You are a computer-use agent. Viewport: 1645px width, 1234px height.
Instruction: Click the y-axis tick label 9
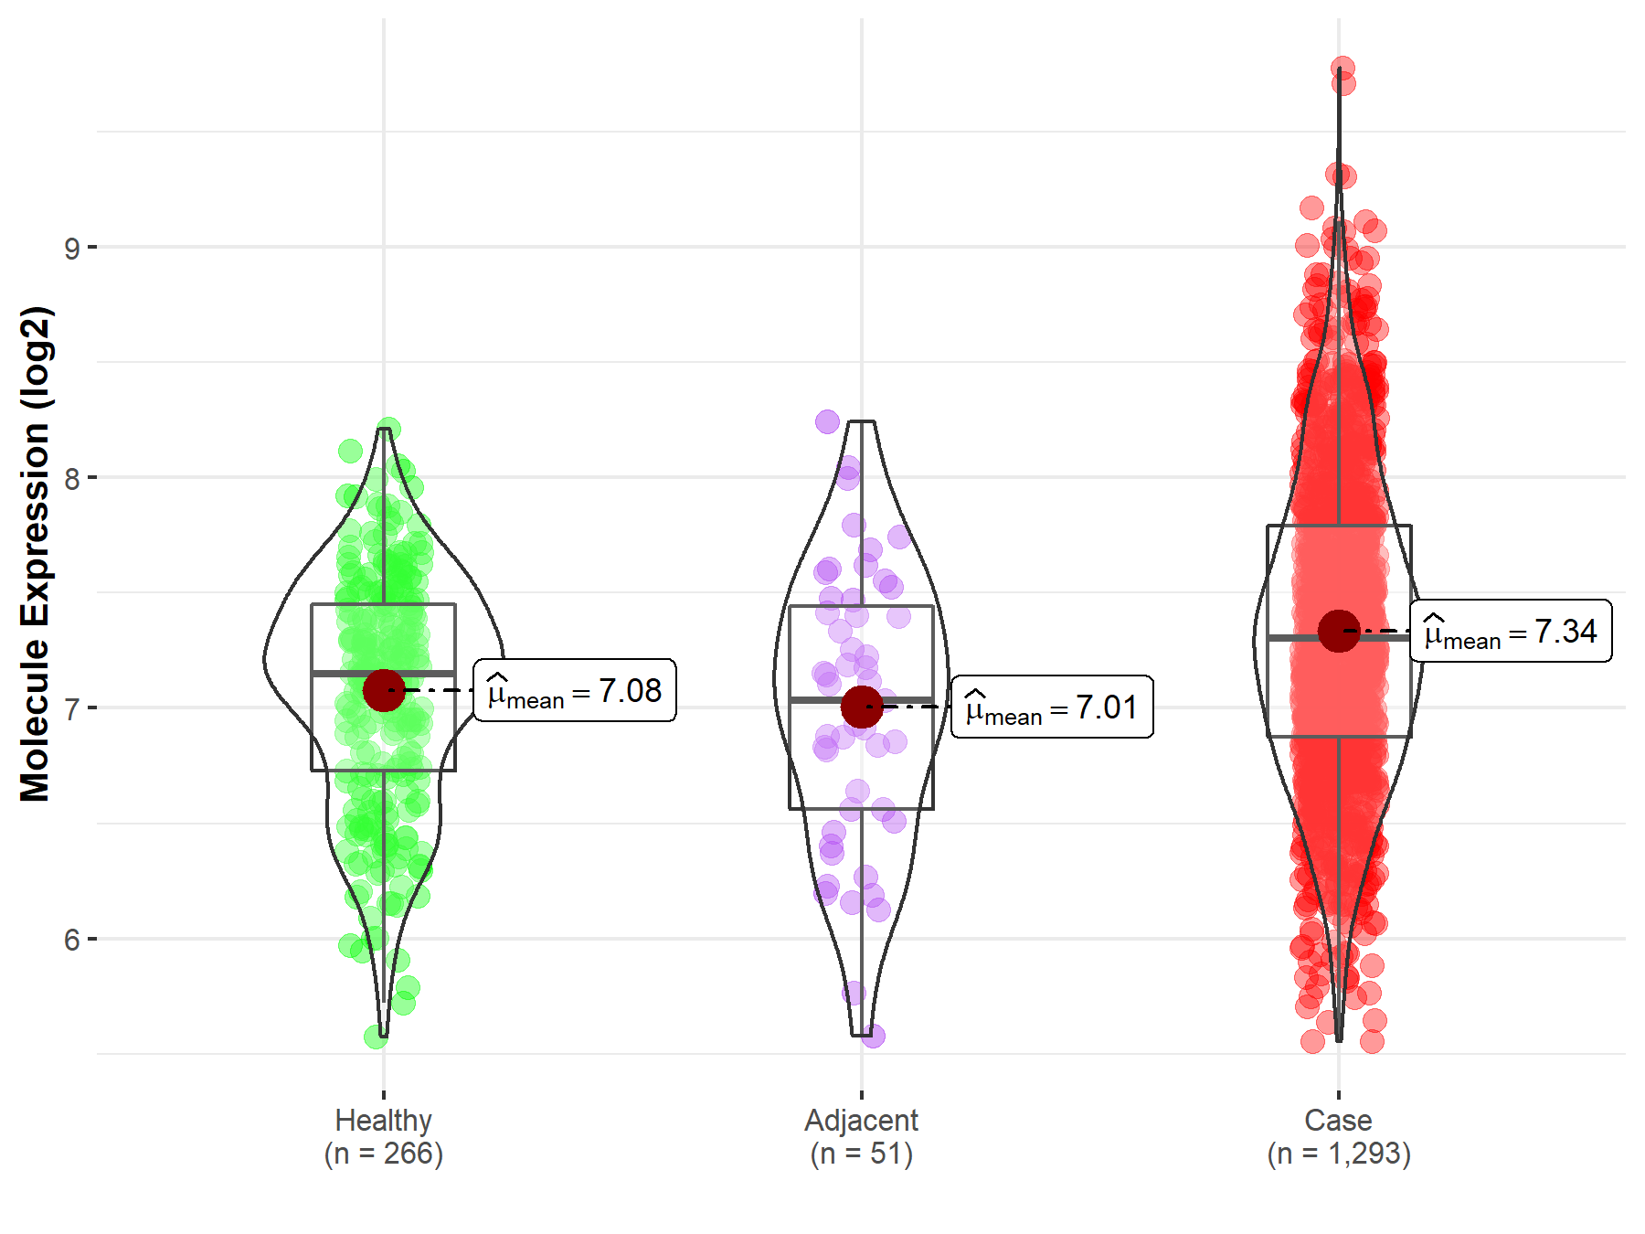pos(71,248)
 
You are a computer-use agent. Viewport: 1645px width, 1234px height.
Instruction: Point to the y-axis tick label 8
pos(71,478)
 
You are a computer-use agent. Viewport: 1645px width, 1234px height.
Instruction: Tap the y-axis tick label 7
pos(71,708)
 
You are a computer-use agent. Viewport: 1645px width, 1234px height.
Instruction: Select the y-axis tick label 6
pos(71,940)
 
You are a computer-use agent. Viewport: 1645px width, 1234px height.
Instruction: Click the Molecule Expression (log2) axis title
pos(35,554)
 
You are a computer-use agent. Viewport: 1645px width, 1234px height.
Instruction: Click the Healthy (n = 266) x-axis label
pos(383,1136)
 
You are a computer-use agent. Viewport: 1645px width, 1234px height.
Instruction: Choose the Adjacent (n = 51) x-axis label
pos(861,1136)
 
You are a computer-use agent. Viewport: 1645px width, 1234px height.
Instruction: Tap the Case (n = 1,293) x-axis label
pos(1339,1136)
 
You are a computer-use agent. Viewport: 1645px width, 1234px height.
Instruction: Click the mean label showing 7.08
pos(575,690)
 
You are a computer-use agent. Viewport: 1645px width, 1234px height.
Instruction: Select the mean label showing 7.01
pos(1052,707)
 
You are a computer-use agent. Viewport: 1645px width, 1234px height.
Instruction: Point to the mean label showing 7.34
pos(1511,631)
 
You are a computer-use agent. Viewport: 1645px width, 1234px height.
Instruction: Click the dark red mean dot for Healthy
pos(384,690)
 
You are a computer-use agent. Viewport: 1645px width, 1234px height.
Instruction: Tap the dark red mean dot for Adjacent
pos(862,707)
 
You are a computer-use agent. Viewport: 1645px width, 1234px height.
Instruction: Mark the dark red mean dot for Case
pos(1339,631)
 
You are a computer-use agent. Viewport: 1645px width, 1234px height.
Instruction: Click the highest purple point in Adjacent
pos(827,421)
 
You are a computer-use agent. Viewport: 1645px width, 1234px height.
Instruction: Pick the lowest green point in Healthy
pos(376,1037)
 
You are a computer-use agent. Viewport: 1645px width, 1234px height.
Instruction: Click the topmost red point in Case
pos(1343,68)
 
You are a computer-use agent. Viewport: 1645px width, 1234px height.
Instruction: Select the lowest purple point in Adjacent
pos(873,1036)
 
